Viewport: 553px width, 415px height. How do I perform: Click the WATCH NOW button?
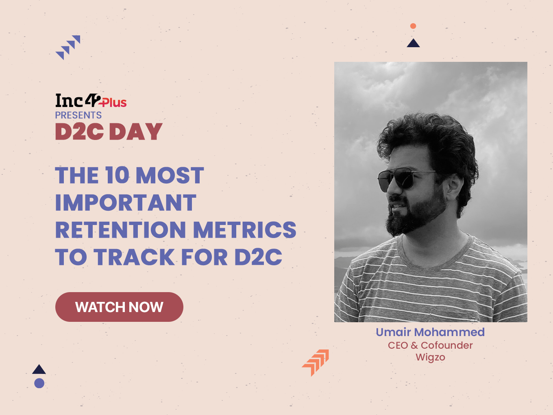pos(119,307)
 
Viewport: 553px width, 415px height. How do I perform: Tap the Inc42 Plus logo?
pos(91,100)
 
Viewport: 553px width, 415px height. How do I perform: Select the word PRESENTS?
pos(78,115)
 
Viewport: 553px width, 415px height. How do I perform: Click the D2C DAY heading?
pos(109,131)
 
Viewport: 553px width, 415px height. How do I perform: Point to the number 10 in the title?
pos(117,175)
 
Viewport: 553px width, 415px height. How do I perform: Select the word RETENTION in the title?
pos(121,229)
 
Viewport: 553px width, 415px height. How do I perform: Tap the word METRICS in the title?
pos(245,229)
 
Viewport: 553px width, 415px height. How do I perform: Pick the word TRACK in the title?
pos(134,257)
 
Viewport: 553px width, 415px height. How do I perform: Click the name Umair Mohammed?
pos(430,332)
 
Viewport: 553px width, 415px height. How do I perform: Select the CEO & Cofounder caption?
pos(430,345)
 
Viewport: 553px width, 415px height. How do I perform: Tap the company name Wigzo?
pos(430,358)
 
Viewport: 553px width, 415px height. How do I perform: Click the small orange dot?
pos(413,26)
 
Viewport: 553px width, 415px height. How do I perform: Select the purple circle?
pos(39,383)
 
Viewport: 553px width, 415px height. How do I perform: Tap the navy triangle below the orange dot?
pos(413,43)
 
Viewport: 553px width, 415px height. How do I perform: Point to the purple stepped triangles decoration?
pos(68,47)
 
